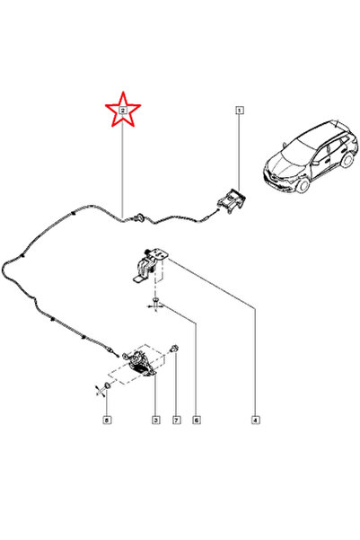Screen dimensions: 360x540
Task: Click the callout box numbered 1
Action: tap(240, 111)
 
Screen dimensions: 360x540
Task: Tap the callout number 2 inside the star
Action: tap(123, 111)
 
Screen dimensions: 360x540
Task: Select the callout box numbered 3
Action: tap(156, 420)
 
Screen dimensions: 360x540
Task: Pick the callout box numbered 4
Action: tap(255, 420)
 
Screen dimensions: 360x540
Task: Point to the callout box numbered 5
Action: tap(107, 420)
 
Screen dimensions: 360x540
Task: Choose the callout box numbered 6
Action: tap(197, 420)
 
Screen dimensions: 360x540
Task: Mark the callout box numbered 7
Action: tap(177, 420)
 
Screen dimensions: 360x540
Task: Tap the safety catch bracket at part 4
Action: tap(150, 265)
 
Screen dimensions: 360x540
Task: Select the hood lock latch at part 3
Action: tap(139, 363)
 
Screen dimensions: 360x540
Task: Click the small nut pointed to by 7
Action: tap(174, 349)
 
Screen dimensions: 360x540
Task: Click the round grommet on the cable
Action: tap(139, 217)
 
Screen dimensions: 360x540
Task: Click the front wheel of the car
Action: tap(303, 183)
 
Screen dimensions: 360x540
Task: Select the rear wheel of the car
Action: tap(347, 159)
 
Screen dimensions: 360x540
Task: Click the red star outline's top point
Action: tap(123, 92)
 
